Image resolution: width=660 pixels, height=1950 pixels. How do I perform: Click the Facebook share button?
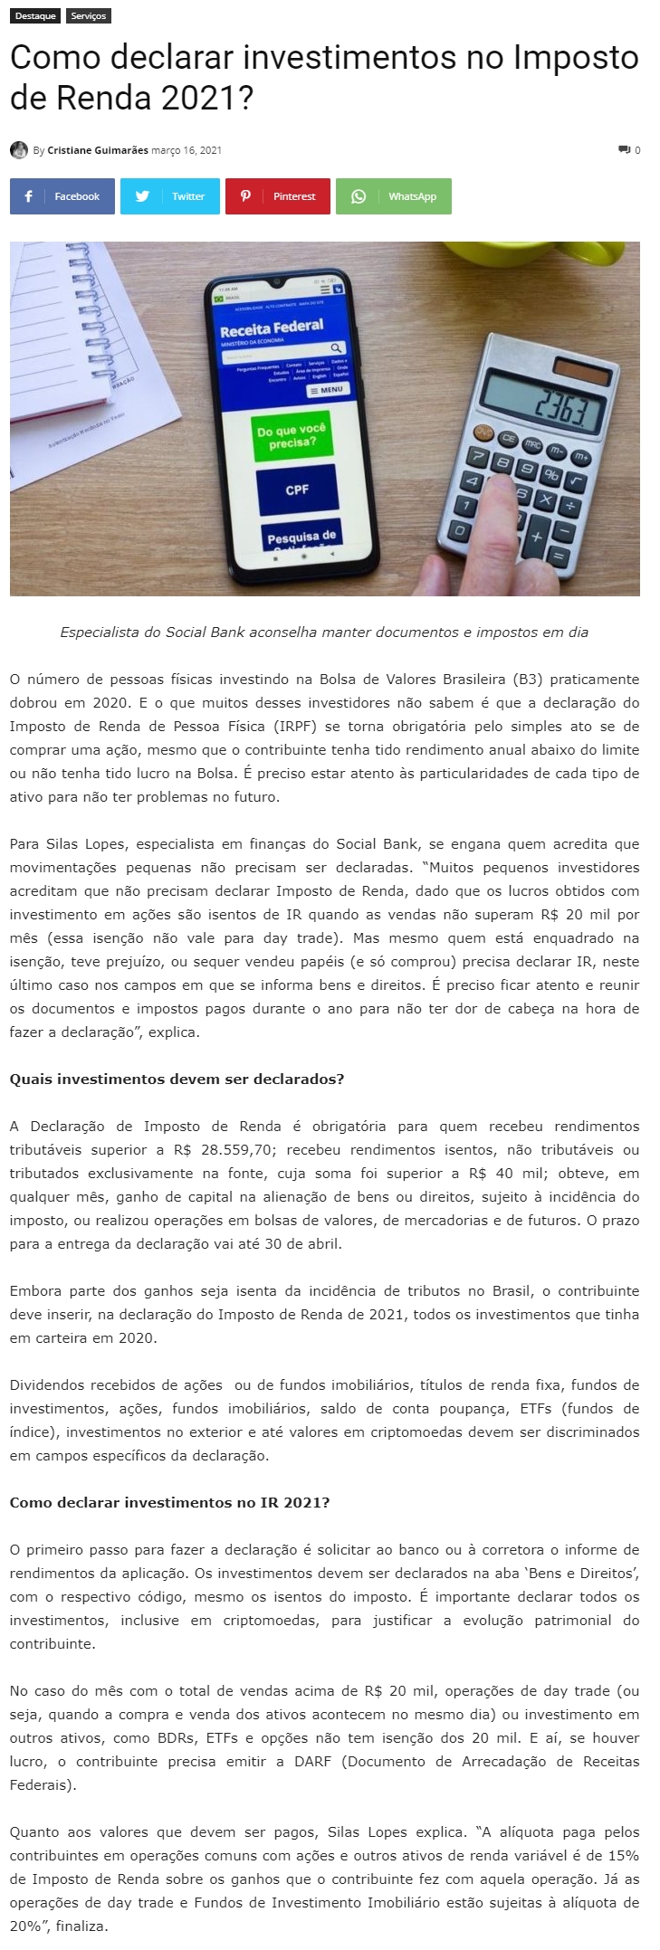pos(62,196)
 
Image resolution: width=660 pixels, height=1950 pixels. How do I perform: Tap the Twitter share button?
pos(169,196)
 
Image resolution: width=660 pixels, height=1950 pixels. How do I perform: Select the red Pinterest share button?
pos(277,196)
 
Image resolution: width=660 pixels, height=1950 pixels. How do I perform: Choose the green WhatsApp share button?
pos(393,196)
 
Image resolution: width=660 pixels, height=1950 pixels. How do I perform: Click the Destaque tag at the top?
pos(35,16)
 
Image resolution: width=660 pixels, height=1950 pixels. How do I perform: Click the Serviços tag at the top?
pos(89,16)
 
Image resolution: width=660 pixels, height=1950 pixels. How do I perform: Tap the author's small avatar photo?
pos(19,150)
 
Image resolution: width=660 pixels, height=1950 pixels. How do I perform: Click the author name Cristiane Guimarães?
pos(98,150)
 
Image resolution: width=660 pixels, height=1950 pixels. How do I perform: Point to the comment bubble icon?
pos(624,149)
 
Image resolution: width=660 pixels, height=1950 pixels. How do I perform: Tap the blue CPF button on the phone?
pos(297,490)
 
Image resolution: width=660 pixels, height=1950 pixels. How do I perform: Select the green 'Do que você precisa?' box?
pos(292,436)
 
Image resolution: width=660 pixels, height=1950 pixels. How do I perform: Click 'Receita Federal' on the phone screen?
pos(272,328)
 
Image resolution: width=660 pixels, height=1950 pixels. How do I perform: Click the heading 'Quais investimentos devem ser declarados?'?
pos(177,1079)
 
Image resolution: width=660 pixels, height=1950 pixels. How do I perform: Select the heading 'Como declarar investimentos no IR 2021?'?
pos(169,1502)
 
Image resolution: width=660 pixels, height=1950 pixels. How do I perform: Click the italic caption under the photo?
pos(324,632)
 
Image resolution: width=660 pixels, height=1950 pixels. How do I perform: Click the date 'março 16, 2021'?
pos(187,150)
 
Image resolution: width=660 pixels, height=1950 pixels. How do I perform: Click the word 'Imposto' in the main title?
pos(576,59)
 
